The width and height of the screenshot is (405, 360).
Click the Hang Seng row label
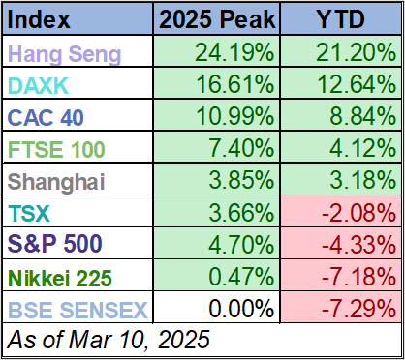point(65,54)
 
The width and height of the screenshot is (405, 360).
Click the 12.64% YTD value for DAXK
point(353,86)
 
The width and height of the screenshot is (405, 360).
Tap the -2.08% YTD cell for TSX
point(353,214)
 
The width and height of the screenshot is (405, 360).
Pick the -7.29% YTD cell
point(353,310)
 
